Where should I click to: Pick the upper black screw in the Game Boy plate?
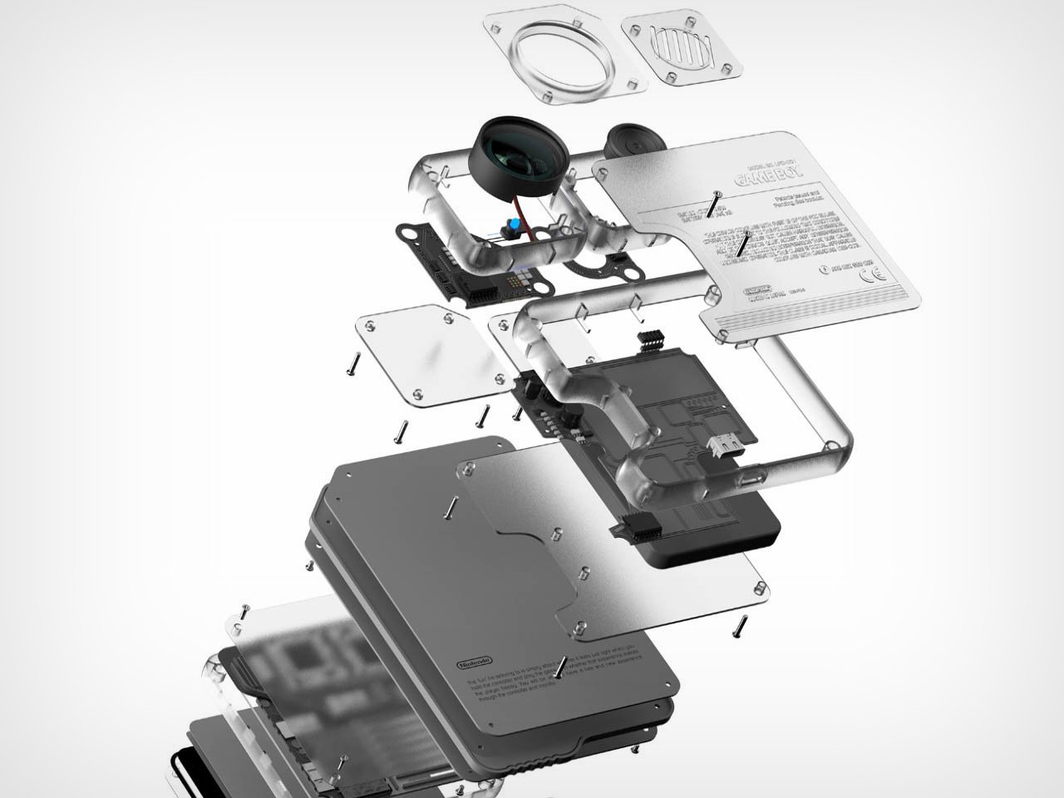click(712, 203)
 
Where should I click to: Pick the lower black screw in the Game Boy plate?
click(742, 243)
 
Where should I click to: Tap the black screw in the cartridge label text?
click(561, 667)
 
